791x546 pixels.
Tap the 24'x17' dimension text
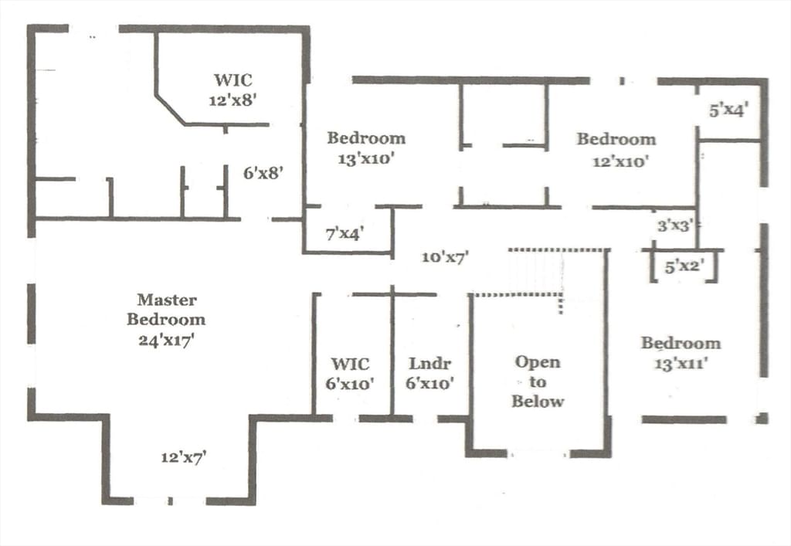coord(167,341)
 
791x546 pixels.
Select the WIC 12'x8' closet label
coord(233,90)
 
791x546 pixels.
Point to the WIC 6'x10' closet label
coord(350,374)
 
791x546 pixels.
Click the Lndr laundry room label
coord(429,374)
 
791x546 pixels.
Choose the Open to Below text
coord(538,382)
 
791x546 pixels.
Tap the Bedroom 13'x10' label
coord(366,148)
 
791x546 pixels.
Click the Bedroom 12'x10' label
coord(616,150)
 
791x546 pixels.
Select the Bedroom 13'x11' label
coord(681,353)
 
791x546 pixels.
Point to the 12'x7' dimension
coord(184,457)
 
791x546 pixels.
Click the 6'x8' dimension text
coord(263,173)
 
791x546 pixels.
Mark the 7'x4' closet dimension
coord(345,233)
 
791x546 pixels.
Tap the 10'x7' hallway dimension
coord(446,257)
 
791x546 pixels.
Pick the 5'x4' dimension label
coord(728,110)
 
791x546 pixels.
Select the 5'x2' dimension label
coord(684,266)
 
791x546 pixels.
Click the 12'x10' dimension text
coord(620,161)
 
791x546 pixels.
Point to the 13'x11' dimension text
coord(680,363)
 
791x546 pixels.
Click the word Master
coord(167,300)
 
